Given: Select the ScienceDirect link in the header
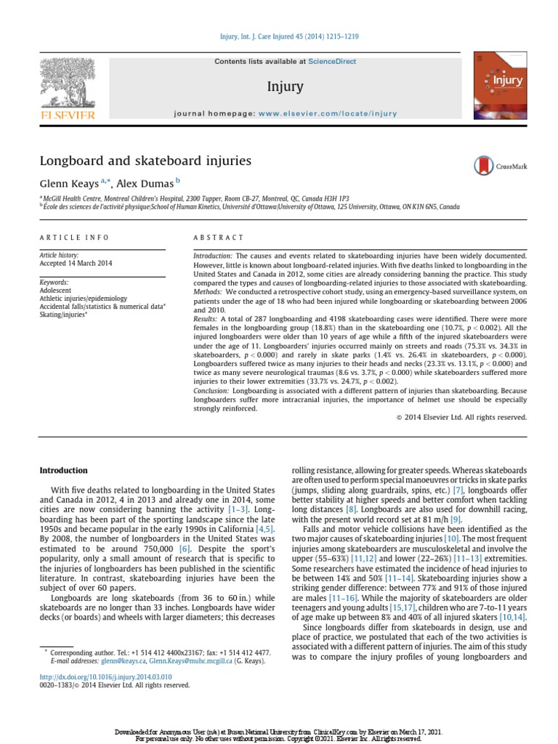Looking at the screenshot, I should coord(332,62).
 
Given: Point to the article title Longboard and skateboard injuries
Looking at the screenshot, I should coord(145,160).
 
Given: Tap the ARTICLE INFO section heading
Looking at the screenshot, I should coord(74,238).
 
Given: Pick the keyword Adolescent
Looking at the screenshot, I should coord(57,290).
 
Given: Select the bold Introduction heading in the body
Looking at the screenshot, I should coord(63,470).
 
